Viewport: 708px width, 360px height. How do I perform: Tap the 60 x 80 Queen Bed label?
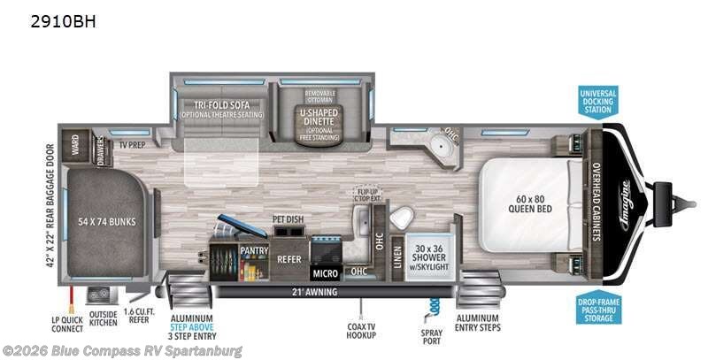[x=531, y=203]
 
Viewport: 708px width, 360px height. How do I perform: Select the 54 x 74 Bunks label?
[x=107, y=221]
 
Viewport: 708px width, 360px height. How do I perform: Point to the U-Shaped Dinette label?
[x=319, y=119]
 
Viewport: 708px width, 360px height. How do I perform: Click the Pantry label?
[x=254, y=251]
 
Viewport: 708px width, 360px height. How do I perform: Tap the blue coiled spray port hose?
[x=433, y=305]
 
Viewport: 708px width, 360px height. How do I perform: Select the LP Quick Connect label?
[x=67, y=323]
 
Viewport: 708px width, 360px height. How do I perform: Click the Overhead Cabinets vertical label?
[x=596, y=203]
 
